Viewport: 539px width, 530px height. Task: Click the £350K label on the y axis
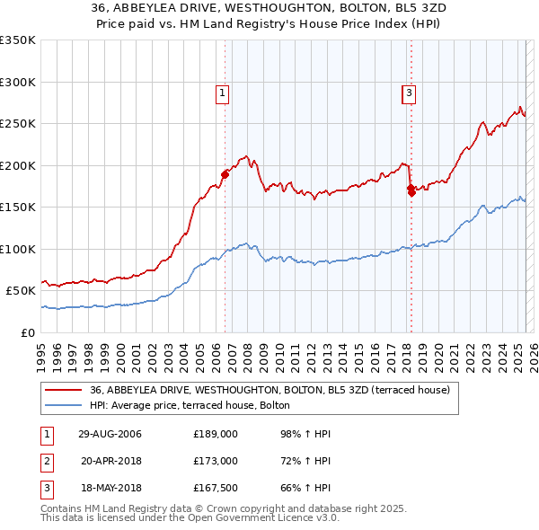click(x=18, y=40)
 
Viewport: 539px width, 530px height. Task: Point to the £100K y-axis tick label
click(x=18, y=249)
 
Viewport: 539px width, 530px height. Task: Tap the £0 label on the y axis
click(x=28, y=332)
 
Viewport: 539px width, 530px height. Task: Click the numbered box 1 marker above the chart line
click(x=222, y=91)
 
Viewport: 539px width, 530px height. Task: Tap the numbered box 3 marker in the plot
click(x=409, y=91)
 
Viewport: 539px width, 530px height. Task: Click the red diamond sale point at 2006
click(x=225, y=174)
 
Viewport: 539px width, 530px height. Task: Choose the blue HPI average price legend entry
click(x=190, y=405)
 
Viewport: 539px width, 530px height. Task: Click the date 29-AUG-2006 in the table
click(x=110, y=434)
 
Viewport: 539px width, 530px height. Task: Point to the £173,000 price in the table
click(x=216, y=461)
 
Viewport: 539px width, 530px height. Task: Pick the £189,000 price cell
click(x=216, y=434)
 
